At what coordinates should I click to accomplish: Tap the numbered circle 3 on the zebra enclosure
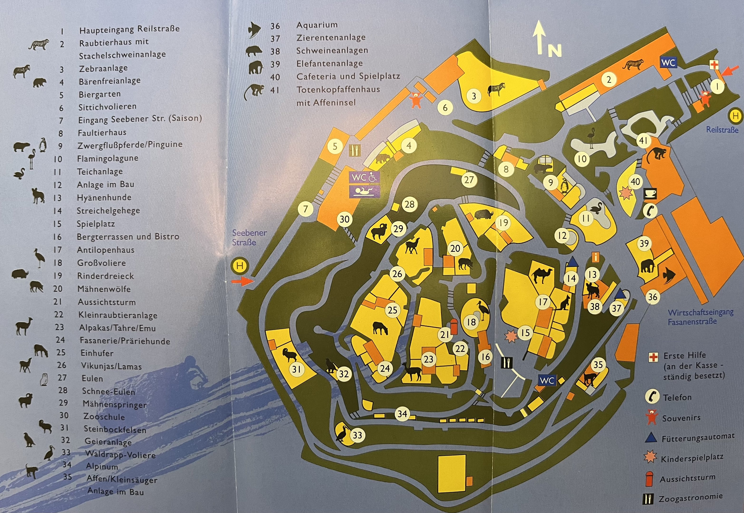[x=474, y=96]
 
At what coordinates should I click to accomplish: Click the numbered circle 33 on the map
[x=357, y=435]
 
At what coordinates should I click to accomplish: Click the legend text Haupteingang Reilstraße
[x=129, y=29]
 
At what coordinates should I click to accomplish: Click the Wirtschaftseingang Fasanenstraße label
[x=700, y=317]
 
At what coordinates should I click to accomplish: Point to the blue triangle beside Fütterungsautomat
[x=651, y=437]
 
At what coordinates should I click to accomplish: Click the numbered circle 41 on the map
[x=643, y=141]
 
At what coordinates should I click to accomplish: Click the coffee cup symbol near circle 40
[x=650, y=194]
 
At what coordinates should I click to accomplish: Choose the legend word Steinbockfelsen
[x=115, y=429]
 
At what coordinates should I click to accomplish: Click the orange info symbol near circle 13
[x=596, y=257]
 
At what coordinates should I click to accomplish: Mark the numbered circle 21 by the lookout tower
[x=444, y=335]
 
